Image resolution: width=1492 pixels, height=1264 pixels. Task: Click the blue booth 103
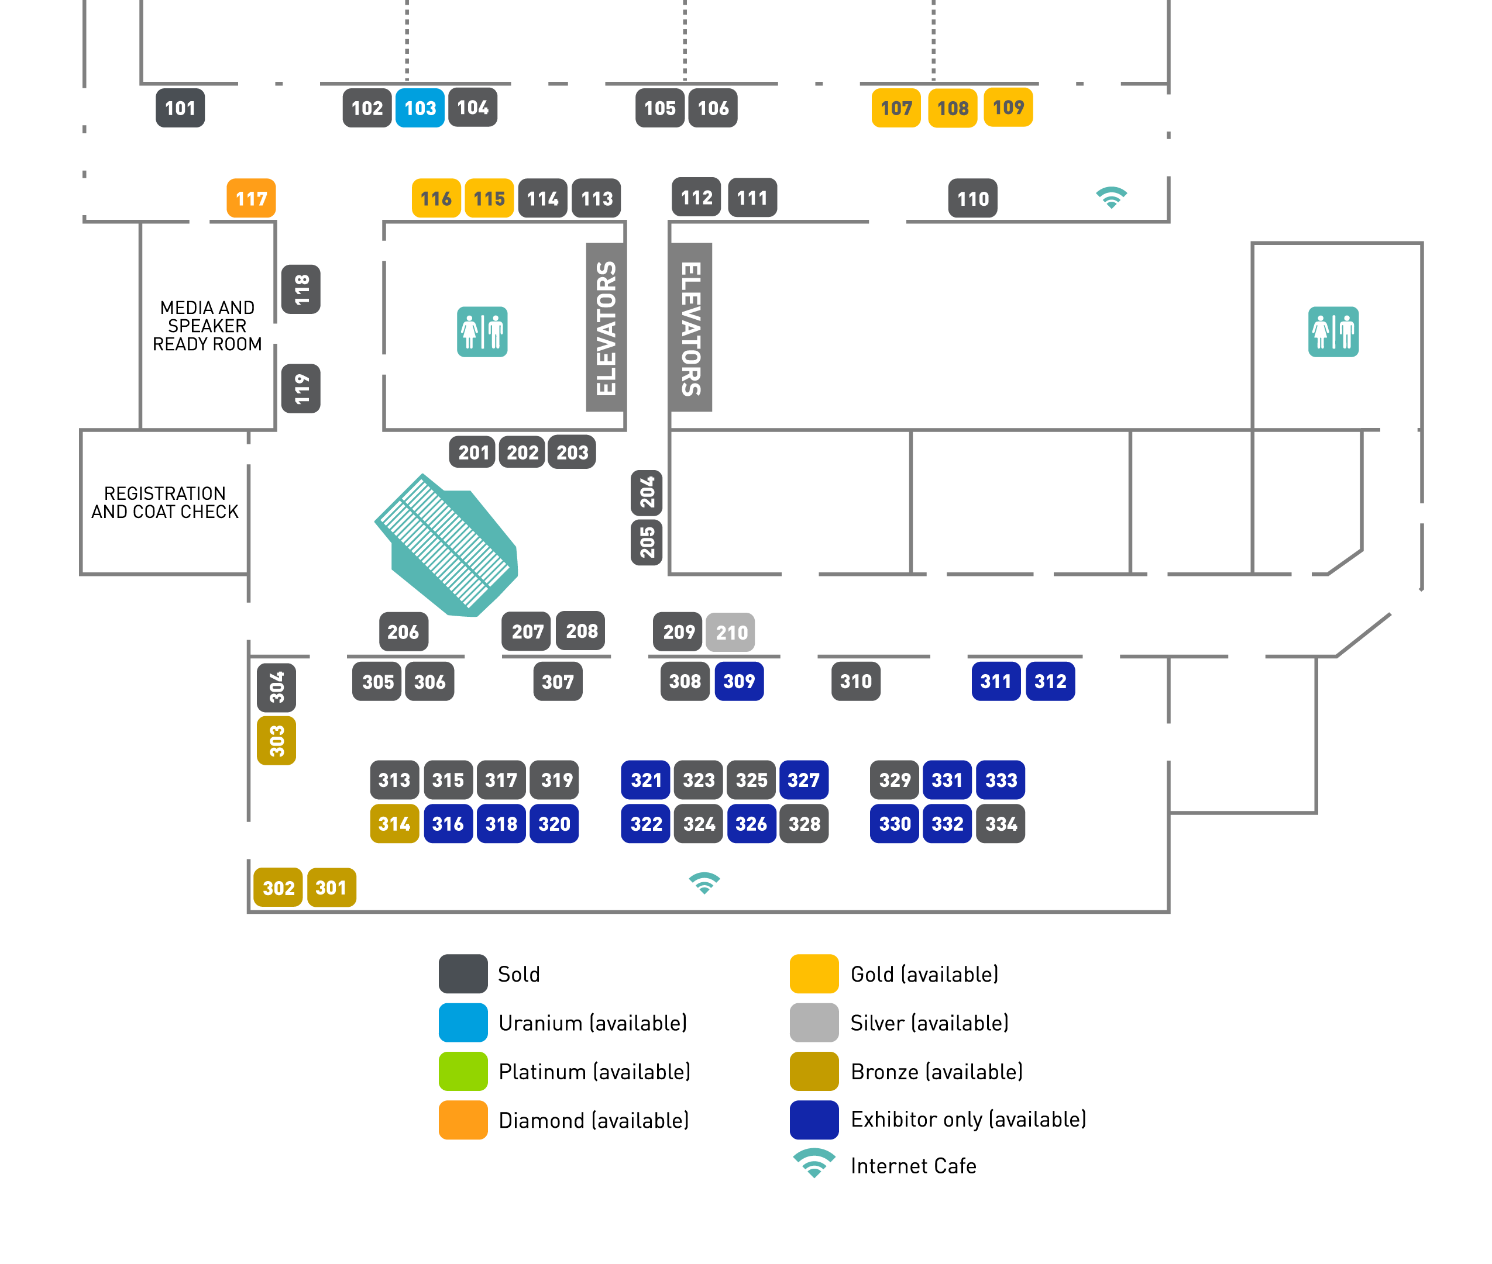(x=420, y=108)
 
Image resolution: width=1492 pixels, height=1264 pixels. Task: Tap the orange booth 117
(x=251, y=198)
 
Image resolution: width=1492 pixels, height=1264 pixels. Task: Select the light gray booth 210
(x=731, y=632)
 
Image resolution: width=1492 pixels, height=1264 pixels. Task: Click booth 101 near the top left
(x=180, y=108)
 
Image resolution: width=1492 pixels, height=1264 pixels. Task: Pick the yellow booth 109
(x=1008, y=108)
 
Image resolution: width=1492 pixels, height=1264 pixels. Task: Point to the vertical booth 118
(x=301, y=289)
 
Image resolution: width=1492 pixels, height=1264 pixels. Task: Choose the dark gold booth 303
(x=277, y=740)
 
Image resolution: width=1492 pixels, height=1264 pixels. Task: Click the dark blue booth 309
(x=739, y=682)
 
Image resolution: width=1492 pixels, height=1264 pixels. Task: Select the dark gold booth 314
(x=394, y=824)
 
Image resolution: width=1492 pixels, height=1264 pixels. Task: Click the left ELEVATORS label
(x=606, y=327)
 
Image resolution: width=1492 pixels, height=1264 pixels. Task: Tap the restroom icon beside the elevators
(x=483, y=331)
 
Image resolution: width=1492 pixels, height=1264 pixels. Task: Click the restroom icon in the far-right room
(x=1333, y=331)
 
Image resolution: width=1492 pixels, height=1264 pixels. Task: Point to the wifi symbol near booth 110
(x=1111, y=197)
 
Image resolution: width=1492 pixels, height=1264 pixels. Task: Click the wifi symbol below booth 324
(x=704, y=883)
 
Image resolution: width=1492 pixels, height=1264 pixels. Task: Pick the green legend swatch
(x=463, y=1071)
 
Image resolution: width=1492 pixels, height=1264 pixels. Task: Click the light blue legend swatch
(x=463, y=1023)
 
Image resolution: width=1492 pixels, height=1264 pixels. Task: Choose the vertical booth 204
(x=647, y=493)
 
